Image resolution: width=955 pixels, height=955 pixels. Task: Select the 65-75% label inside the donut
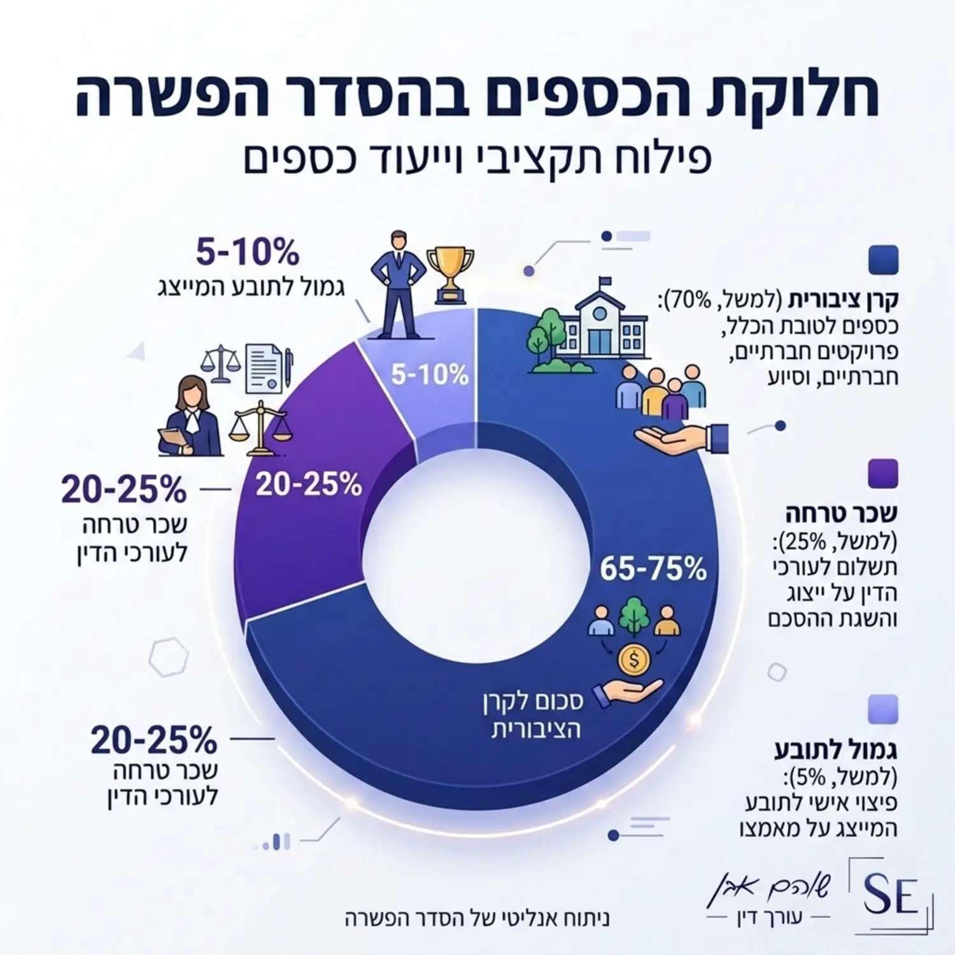pyautogui.click(x=653, y=569)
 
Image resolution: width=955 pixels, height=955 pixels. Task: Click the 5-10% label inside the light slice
pyautogui.click(x=430, y=375)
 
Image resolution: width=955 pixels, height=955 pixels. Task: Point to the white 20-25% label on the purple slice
pyautogui.click(x=309, y=486)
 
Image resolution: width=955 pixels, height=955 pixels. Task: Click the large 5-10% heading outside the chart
pyautogui.click(x=247, y=253)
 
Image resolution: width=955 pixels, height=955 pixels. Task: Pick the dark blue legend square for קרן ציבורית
pyautogui.click(x=884, y=260)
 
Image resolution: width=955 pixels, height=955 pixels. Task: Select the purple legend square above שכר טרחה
pyautogui.click(x=884, y=474)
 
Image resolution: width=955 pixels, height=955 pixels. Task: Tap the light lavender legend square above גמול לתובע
pyautogui.click(x=884, y=709)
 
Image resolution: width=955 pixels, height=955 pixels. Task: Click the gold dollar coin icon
pyautogui.click(x=633, y=660)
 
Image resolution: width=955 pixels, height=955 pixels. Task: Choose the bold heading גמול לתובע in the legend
pyautogui.click(x=836, y=751)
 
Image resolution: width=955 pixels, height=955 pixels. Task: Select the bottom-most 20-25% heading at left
pyautogui.click(x=154, y=740)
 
